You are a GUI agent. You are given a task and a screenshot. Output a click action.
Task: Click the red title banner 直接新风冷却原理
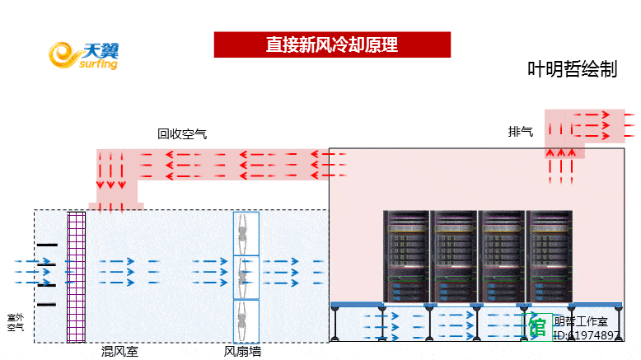pyautogui.click(x=332, y=44)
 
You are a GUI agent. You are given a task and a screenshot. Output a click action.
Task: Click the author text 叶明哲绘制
pyautogui.click(x=572, y=70)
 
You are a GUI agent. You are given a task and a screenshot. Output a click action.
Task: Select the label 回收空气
pyautogui.click(x=182, y=133)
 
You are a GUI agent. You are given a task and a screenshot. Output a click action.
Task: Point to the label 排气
pyautogui.click(x=521, y=131)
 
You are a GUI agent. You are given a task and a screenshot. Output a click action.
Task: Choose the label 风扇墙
pyautogui.click(x=243, y=352)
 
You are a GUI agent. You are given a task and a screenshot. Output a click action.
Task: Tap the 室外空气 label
pyautogui.click(x=16, y=322)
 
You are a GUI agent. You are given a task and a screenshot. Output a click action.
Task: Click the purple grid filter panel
pyautogui.click(x=76, y=276)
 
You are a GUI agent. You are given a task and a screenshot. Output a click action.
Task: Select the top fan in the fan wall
pyautogui.click(x=246, y=234)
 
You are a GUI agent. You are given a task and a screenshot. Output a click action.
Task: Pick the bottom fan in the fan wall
pyautogui.click(x=246, y=320)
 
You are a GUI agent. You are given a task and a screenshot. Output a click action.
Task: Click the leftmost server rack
pyautogui.click(x=407, y=256)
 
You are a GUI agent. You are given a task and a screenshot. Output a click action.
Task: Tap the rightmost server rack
pyautogui.click(x=550, y=256)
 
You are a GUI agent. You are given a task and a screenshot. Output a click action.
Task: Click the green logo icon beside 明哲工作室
pyautogui.click(x=540, y=326)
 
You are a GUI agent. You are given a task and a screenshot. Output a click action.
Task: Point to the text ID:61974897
pyautogui.click(x=587, y=335)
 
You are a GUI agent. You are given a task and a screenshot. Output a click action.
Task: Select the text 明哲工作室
pyautogui.click(x=581, y=321)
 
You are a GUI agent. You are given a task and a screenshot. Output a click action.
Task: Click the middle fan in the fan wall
pyautogui.click(x=246, y=277)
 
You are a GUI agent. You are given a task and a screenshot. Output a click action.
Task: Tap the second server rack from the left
pyautogui.click(x=455, y=256)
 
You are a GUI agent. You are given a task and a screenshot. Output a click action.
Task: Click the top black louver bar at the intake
pyautogui.click(x=47, y=245)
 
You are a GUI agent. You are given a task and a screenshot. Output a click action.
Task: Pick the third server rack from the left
pyautogui.click(x=503, y=256)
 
